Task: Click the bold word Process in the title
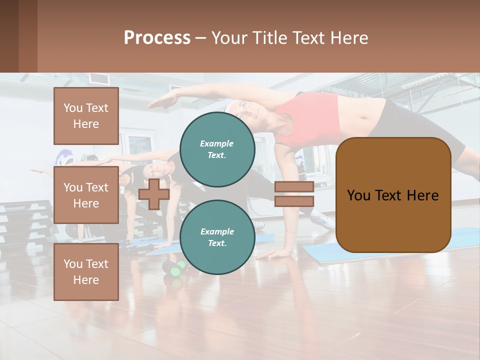click(157, 38)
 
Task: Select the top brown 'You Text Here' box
click(86, 116)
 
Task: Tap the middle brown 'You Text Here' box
click(86, 195)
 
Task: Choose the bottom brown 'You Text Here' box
click(86, 271)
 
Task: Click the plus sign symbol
click(154, 193)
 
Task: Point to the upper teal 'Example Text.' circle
click(217, 149)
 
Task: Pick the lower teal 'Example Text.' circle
click(217, 237)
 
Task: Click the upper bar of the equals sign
click(294, 186)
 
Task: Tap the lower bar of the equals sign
click(294, 201)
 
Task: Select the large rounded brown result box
click(393, 195)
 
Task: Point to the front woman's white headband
click(231, 106)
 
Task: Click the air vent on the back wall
click(98, 78)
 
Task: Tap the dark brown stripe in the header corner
click(9, 36)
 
